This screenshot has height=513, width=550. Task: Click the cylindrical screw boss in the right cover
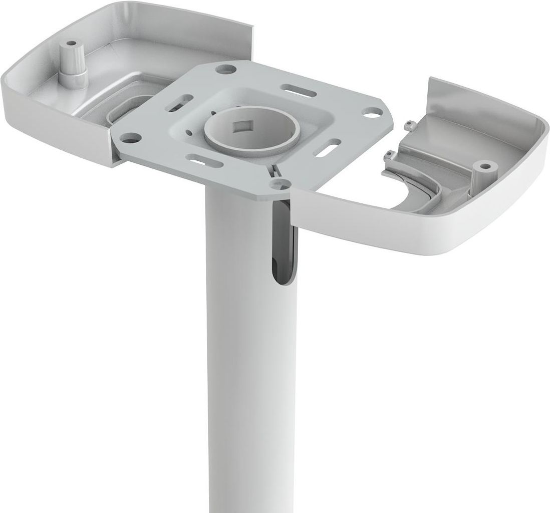coord(483,173)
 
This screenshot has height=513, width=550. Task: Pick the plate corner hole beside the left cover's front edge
coord(130,135)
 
